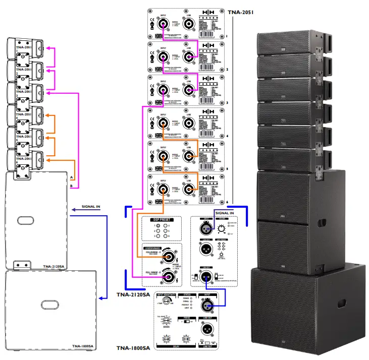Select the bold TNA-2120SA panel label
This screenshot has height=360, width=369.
[133, 294]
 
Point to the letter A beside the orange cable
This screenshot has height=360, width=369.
[72, 178]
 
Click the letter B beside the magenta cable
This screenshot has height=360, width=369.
[72, 186]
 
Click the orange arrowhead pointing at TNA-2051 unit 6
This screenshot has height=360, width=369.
[48, 160]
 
